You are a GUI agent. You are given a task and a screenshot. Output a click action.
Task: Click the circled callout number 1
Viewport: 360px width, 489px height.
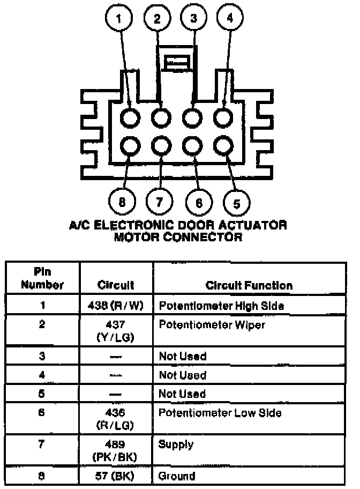119,19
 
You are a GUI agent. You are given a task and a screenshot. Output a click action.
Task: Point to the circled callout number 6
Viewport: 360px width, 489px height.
199,202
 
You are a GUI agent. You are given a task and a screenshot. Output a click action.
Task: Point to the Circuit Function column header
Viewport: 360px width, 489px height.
249,285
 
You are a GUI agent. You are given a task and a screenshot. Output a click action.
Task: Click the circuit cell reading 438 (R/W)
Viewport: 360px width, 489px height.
116,306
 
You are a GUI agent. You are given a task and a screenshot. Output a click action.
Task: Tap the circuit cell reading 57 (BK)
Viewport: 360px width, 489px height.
116,476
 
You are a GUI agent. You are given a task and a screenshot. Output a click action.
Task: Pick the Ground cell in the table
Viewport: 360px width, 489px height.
176,476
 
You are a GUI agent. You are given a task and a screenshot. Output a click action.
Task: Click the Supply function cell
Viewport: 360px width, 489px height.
176,444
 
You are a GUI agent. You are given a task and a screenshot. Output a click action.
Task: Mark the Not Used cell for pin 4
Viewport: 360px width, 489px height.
182,375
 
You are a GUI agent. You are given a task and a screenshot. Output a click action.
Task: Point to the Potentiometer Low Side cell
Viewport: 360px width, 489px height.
220,413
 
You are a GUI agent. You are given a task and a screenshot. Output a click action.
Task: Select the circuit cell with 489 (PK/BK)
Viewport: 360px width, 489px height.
116,450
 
